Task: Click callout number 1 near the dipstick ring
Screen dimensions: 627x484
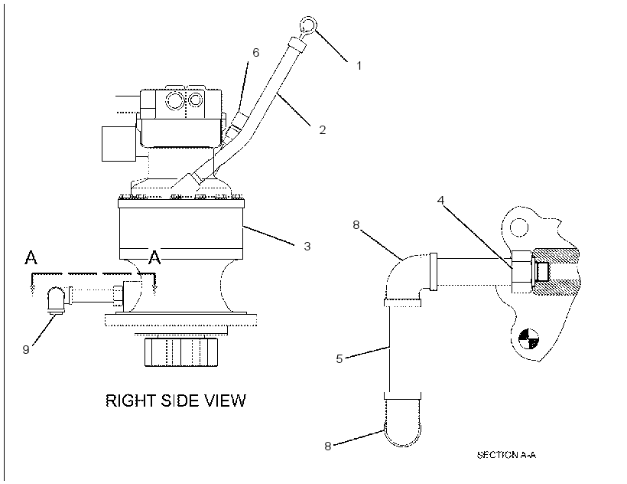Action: tap(359, 65)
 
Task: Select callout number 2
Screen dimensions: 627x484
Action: tap(323, 129)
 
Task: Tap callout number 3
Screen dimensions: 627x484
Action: tap(307, 246)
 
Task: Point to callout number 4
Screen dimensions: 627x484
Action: tap(440, 200)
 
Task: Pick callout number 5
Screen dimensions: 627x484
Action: tap(339, 358)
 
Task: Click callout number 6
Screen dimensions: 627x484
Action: tap(255, 52)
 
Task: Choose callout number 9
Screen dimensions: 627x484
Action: tap(26, 349)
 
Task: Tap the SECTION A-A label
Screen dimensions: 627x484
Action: tap(506, 455)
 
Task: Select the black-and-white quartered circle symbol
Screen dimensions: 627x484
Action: tap(528, 338)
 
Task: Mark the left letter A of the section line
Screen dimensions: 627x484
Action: tap(31, 257)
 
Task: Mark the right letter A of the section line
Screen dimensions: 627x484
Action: tap(154, 257)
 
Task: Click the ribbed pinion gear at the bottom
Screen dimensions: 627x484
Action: tap(181, 352)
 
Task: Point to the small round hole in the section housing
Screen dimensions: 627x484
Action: tap(519, 227)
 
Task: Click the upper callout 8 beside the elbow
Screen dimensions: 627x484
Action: tap(356, 225)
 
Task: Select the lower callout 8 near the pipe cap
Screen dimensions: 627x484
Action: tap(327, 446)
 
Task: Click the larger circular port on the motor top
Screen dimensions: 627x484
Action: tap(175, 100)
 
